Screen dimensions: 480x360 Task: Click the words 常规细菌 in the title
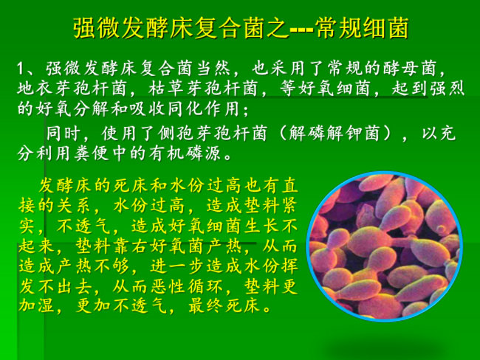click(362, 28)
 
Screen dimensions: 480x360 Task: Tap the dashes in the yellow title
click(301, 30)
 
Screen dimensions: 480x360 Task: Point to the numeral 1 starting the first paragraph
click(20, 69)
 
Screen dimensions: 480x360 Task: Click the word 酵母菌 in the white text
click(410, 68)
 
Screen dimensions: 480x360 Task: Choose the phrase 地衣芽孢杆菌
click(72, 89)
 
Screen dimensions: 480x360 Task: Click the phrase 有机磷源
click(185, 153)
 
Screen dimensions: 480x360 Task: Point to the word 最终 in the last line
click(205, 306)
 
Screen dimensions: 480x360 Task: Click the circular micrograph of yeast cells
click(385, 246)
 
